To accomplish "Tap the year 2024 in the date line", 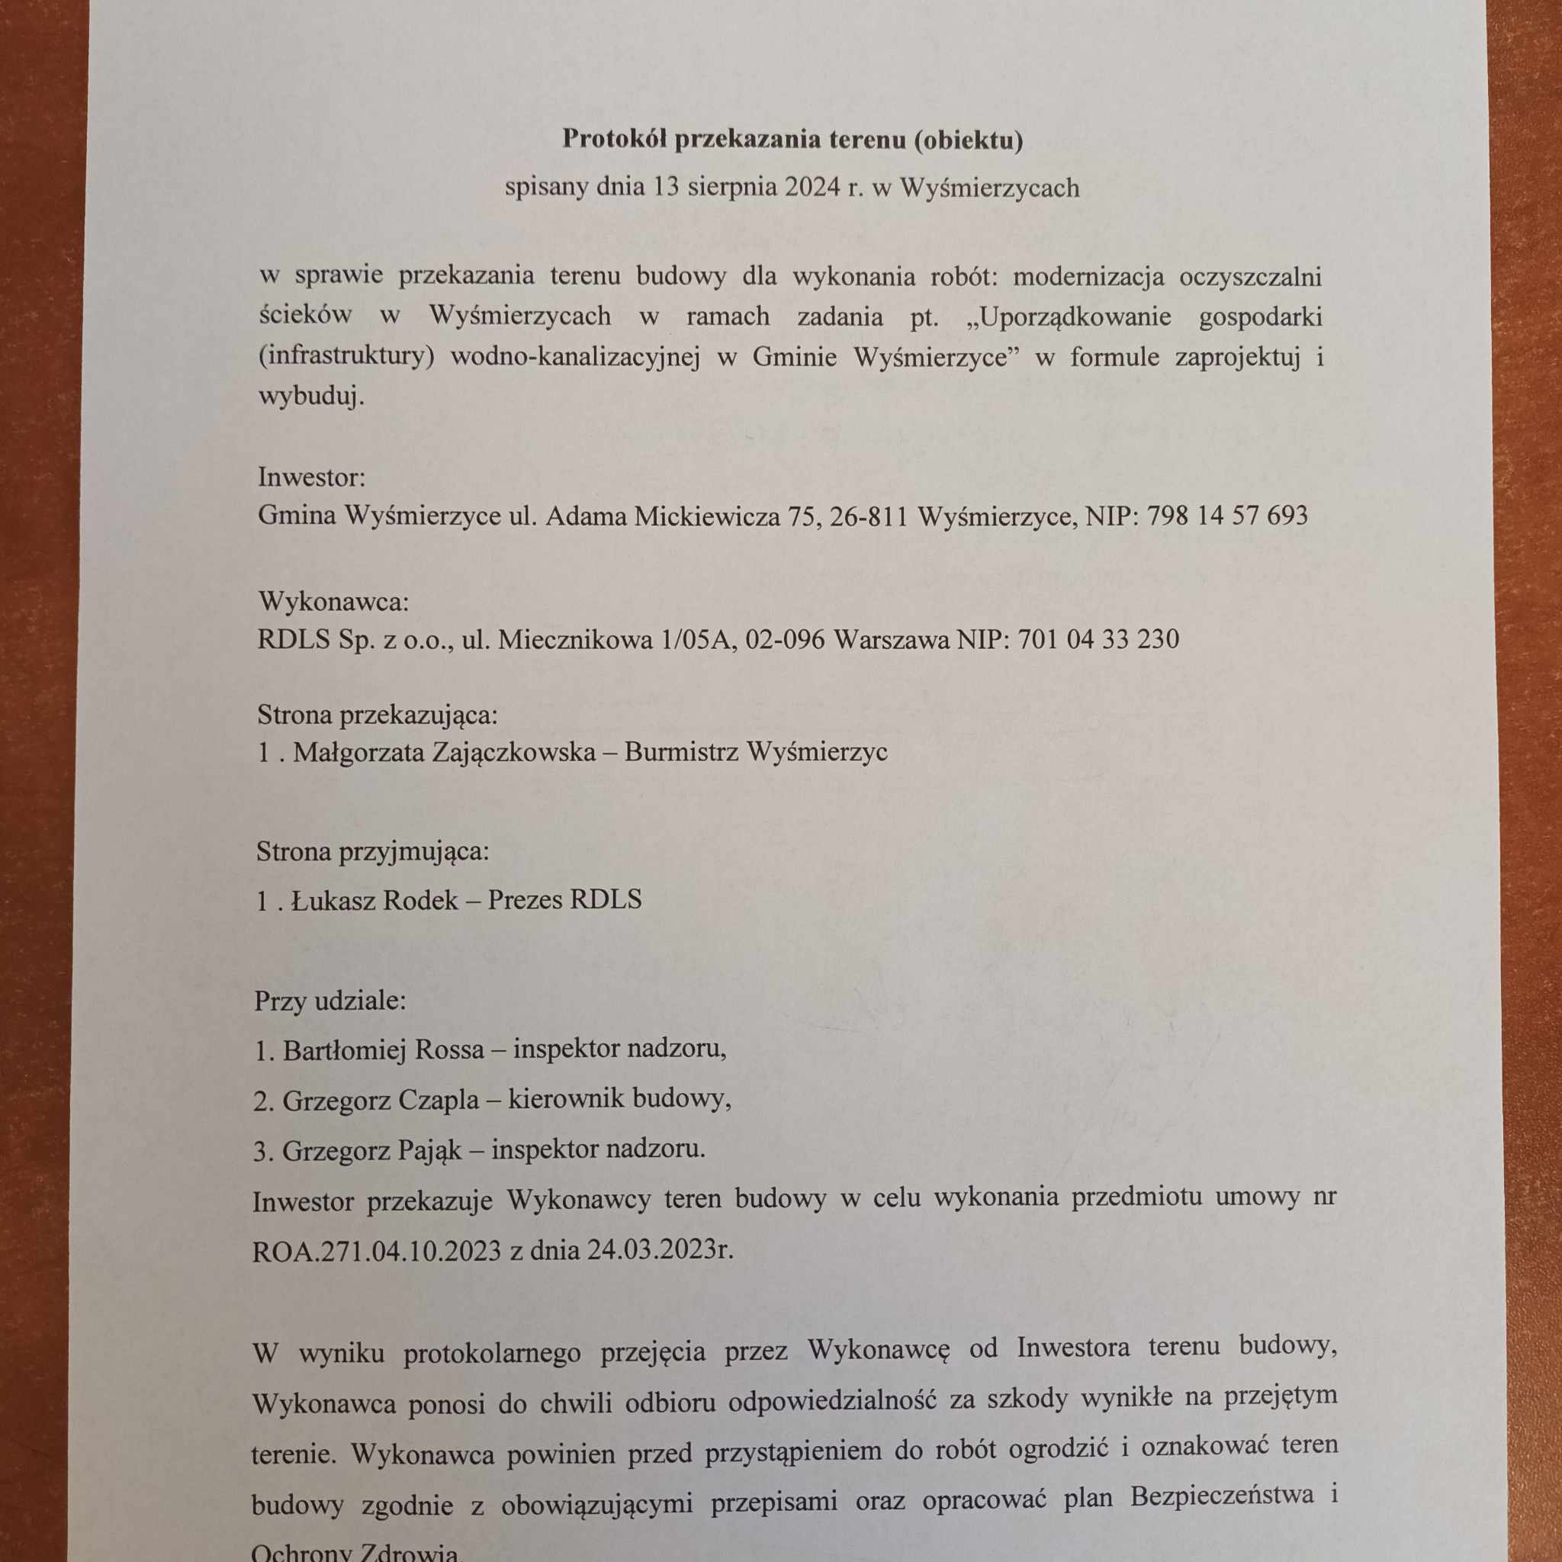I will point(812,188).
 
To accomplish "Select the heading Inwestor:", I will point(311,477).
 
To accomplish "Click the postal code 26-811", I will point(869,516).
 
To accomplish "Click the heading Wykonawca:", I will point(333,602).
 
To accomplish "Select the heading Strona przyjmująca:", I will point(373,851).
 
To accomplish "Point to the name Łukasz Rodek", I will point(374,899).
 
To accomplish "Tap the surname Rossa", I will point(448,1050).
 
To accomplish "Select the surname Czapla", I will point(439,1101).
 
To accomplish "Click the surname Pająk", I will point(428,1149).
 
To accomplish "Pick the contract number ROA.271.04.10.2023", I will point(377,1252).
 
